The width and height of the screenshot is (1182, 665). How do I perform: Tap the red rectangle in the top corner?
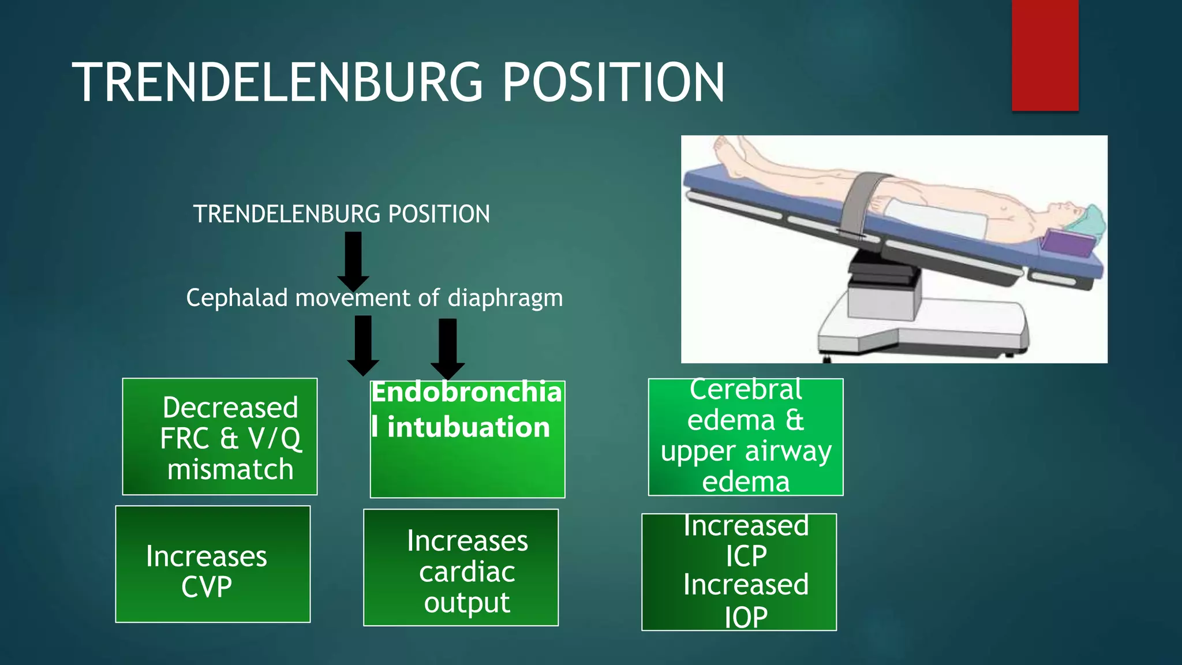tap(1045, 55)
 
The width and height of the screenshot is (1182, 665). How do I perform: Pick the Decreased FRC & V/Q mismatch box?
tap(220, 436)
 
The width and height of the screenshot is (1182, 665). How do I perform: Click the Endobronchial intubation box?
tap(467, 439)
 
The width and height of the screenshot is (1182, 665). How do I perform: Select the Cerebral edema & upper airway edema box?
tap(746, 437)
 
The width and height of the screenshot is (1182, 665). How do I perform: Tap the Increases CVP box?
tap(213, 564)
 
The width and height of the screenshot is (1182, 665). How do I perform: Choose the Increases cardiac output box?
tap(461, 567)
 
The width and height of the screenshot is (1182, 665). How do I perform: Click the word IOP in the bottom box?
tap(746, 617)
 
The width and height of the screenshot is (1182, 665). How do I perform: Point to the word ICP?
tap(746, 556)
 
